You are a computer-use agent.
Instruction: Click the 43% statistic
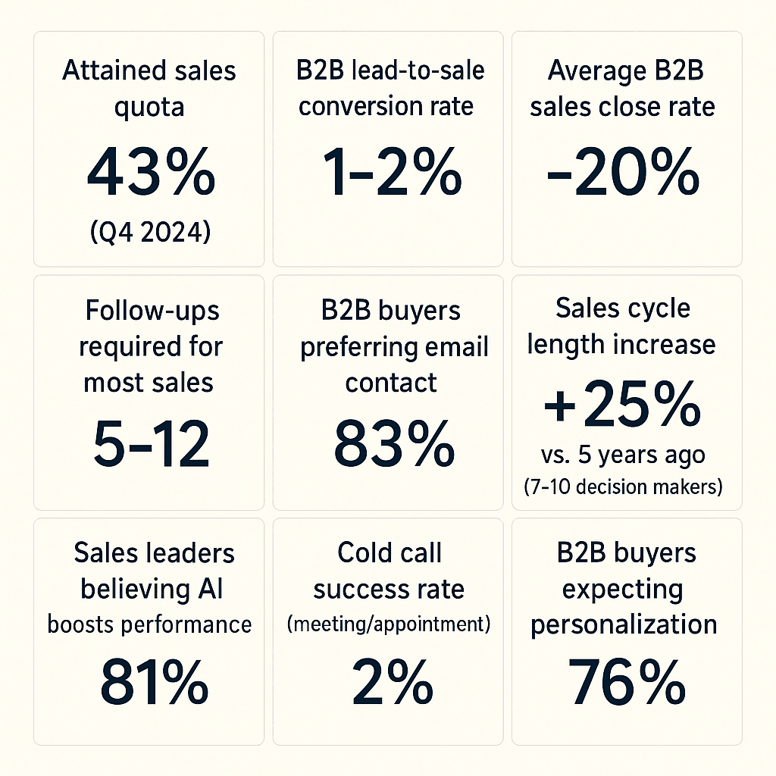coord(150,174)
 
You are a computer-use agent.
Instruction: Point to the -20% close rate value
coord(623,174)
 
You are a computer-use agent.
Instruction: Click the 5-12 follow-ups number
coord(150,446)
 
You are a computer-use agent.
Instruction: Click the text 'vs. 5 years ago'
coord(623,456)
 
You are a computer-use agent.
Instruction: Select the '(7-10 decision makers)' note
coord(623,487)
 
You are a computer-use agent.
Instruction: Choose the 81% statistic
coord(154,683)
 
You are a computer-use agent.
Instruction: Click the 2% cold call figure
coord(390,683)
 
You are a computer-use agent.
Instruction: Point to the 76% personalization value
coord(626,683)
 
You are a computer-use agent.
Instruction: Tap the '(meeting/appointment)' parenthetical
coord(389,625)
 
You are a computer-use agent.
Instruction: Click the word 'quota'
coord(149,107)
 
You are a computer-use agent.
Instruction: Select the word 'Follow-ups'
coord(150,311)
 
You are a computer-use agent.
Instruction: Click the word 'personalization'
coord(623,624)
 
